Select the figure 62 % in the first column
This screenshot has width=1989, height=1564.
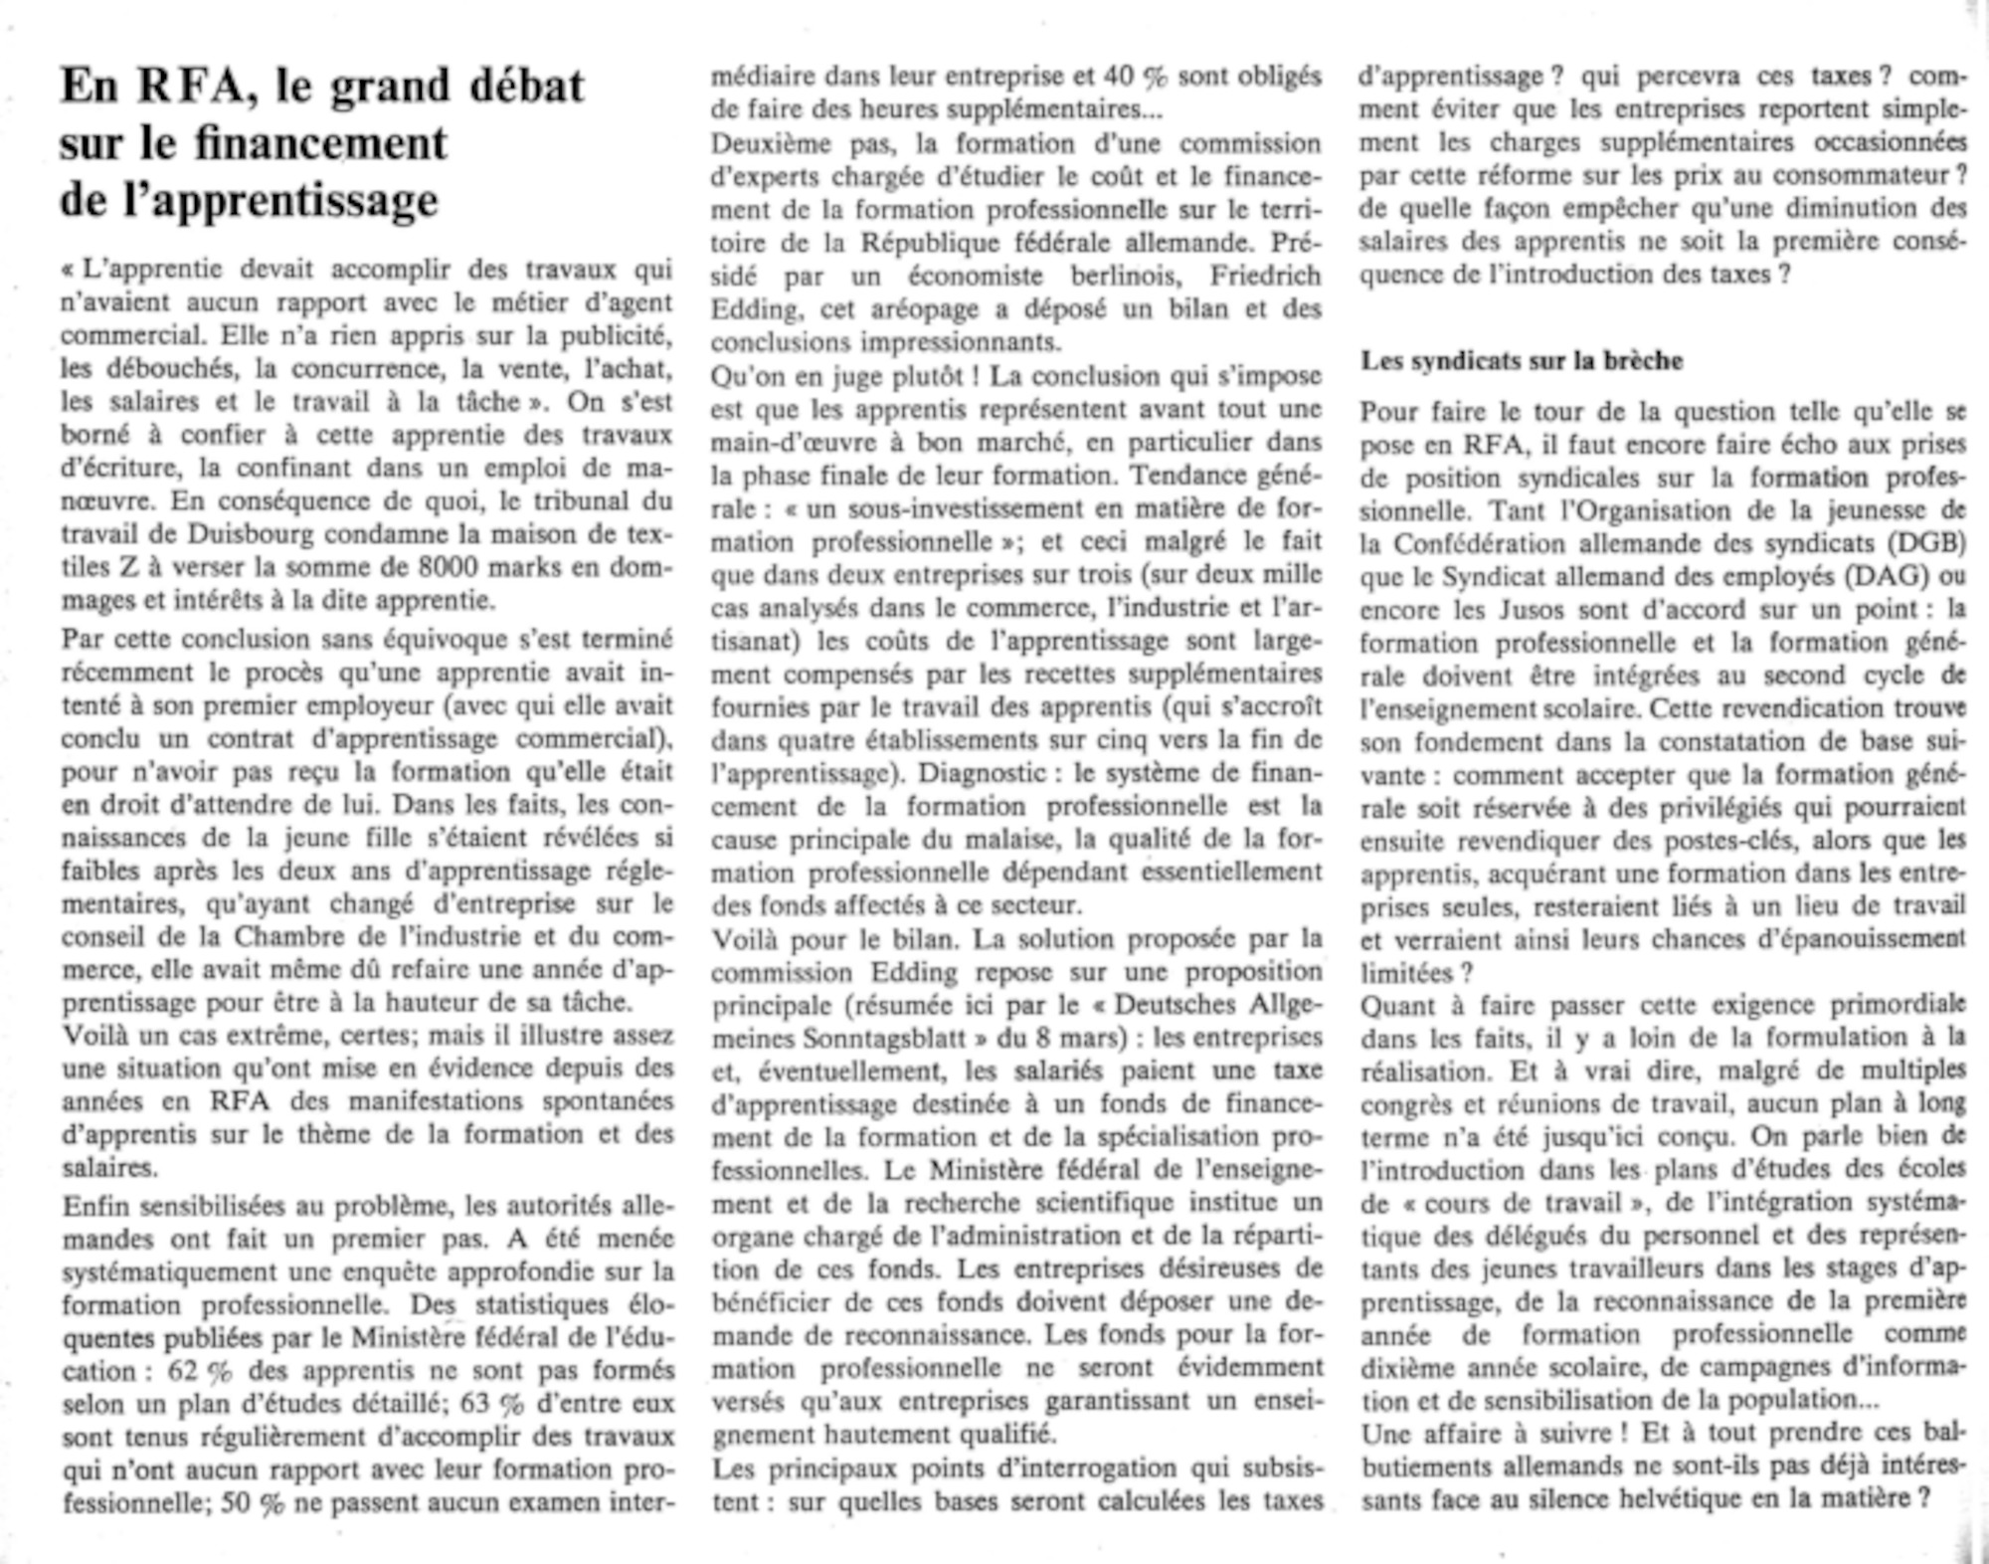(200, 1370)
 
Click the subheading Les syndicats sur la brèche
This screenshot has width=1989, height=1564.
(1522, 360)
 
